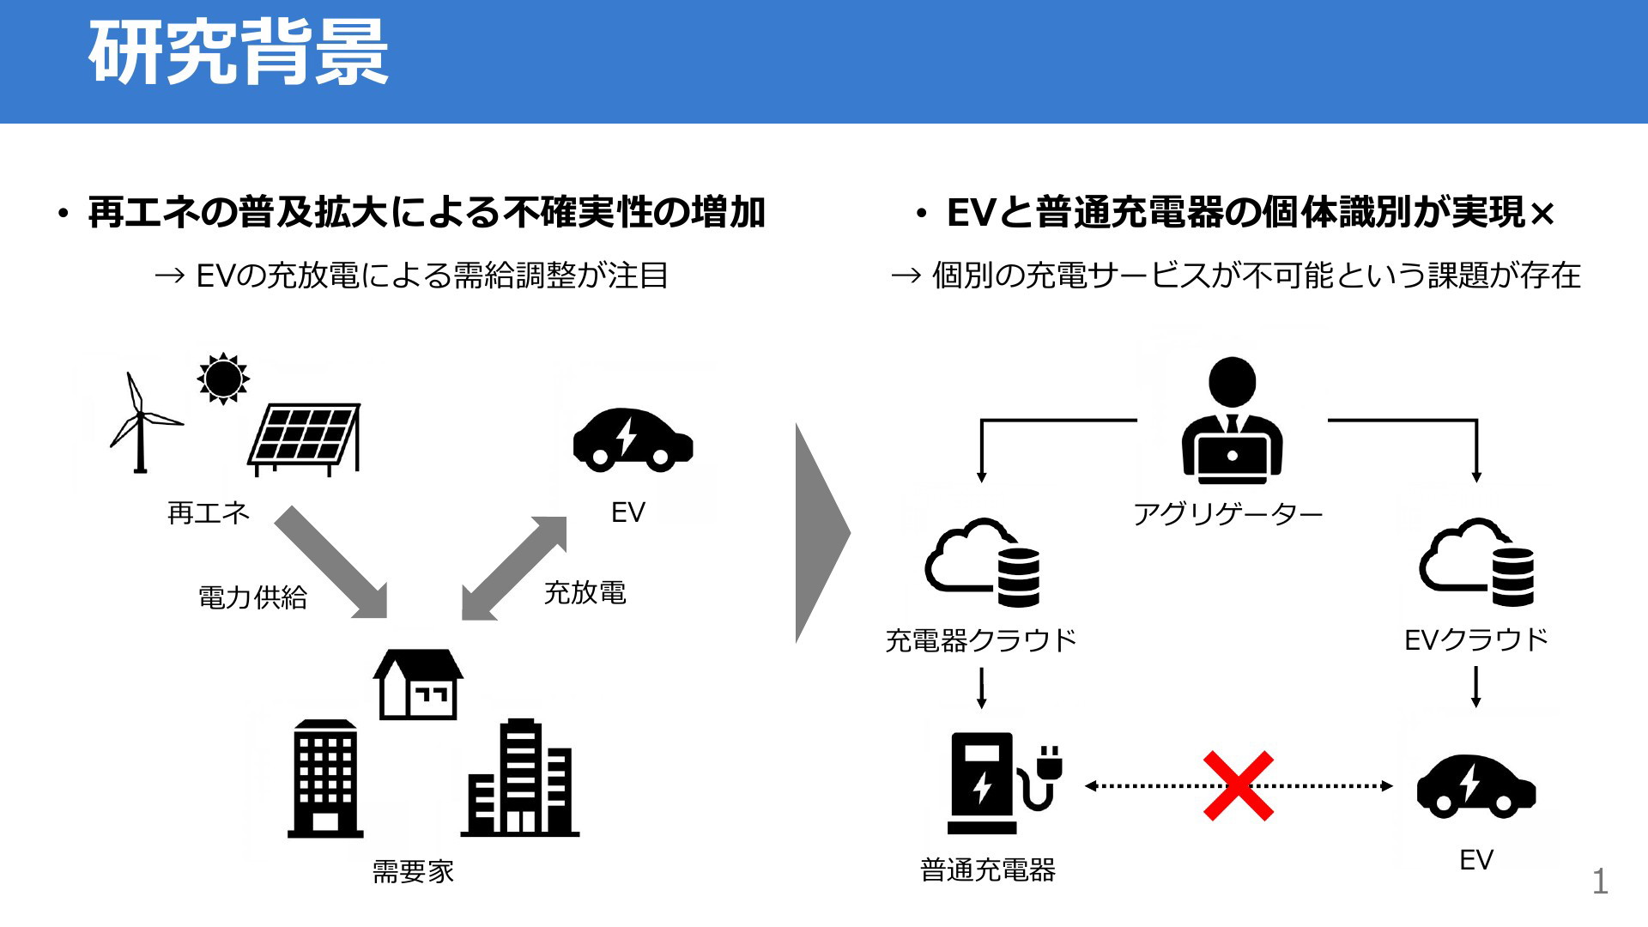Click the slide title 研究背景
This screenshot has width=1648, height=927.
click(239, 53)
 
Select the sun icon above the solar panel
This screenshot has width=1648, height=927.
click(223, 378)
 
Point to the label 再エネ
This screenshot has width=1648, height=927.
click(209, 513)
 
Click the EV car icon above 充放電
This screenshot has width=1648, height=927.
click(633, 439)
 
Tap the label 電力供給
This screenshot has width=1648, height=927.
click(252, 597)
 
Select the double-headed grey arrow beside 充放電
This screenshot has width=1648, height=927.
click(514, 567)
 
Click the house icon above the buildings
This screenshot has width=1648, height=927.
click(418, 683)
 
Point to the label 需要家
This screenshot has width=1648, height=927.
click(413, 871)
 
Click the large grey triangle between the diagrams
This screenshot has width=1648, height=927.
click(822, 533)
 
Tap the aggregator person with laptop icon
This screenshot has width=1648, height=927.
click(1232, 421)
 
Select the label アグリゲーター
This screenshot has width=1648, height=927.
click(1228, 514)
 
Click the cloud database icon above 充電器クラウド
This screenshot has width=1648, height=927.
click(982, 562)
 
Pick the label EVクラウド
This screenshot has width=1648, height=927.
click(1476, 639)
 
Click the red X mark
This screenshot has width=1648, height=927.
click(1238, 785)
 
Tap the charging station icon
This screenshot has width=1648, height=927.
click(1004, 783)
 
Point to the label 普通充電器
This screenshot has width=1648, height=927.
click(988, 870)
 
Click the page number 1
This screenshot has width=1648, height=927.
click(1600, 882)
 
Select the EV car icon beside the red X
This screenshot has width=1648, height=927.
click(1476, 785)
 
